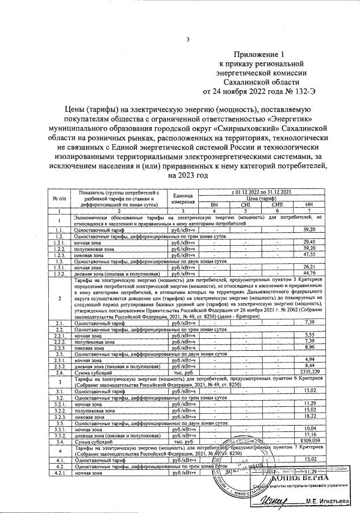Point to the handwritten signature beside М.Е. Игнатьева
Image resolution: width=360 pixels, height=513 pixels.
point(277,500)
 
